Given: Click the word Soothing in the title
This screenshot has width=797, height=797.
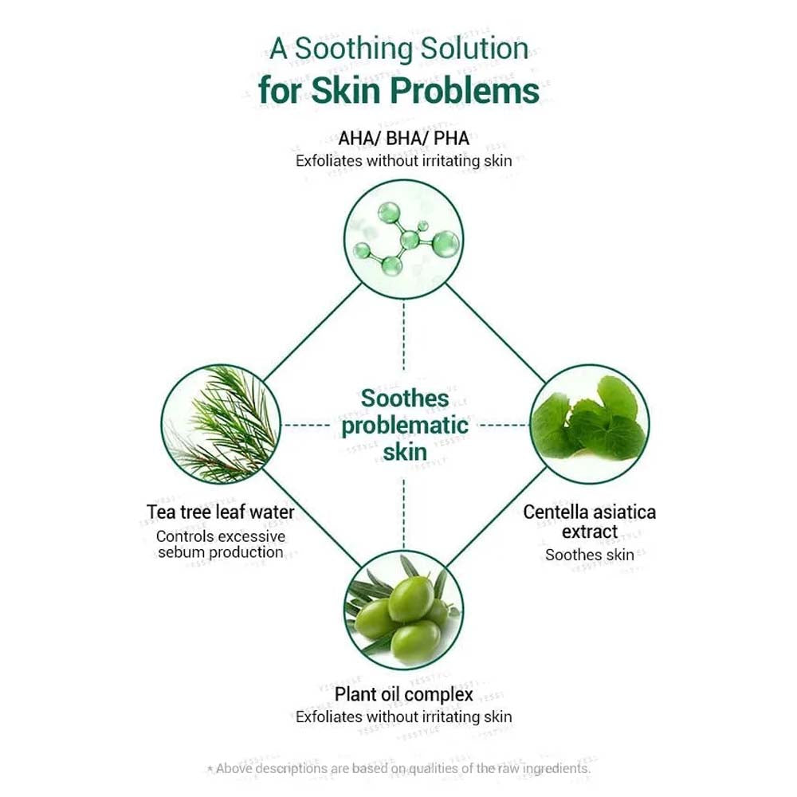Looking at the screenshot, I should pos(352,49).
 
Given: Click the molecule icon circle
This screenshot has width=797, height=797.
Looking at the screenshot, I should pos(404,240).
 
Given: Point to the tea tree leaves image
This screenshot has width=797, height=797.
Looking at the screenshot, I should pos(221,424).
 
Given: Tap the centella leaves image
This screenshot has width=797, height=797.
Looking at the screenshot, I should pos(589,424).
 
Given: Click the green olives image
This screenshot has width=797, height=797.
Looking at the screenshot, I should pos(404,611).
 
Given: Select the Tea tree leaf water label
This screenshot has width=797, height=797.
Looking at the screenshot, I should pos(221,512).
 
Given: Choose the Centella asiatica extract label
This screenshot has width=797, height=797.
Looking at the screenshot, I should pos(590,521).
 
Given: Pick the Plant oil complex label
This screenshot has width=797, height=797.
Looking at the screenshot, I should pos(404,694).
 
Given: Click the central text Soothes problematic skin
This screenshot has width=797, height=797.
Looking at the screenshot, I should pos(404,425).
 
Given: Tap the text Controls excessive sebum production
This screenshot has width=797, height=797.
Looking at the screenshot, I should pos(221,544).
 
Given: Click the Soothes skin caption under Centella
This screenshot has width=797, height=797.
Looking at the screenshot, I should pos(590,555).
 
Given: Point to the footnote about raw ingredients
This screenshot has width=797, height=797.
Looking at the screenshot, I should pos(398,769).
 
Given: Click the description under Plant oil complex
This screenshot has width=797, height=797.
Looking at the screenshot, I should pos(404,717).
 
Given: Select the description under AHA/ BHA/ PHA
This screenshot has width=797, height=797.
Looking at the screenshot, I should pos(404,160).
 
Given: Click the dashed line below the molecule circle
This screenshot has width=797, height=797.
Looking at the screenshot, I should pos(404,335).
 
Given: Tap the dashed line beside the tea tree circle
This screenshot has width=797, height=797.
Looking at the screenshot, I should pos(307,425).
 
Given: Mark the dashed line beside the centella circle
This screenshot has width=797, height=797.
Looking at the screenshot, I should pos(502,425).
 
